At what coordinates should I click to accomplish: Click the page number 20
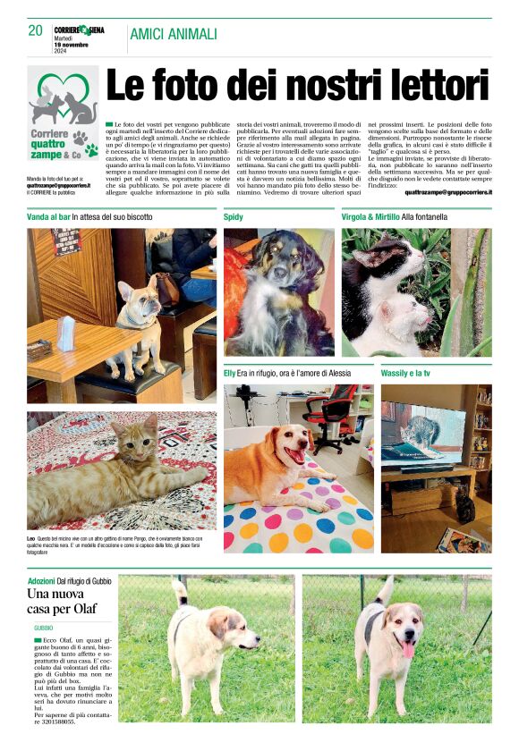pyautogui.click(x=36, y=31)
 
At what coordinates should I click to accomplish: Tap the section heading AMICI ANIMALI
pyautogui.click(x=174, y=34)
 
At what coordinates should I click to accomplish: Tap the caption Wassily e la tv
pyautogui.click(x=407, y=371)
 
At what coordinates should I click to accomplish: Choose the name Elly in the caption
pyautogui.click(x=230, y=371)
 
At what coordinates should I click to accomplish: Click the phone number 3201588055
pyautogui.click(x=55, y=722)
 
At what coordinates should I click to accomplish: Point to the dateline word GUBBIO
pyautogui.click(x=44, y=629)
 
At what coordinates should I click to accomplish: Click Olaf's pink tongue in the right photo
pyautogui.click(x=408, y=649)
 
